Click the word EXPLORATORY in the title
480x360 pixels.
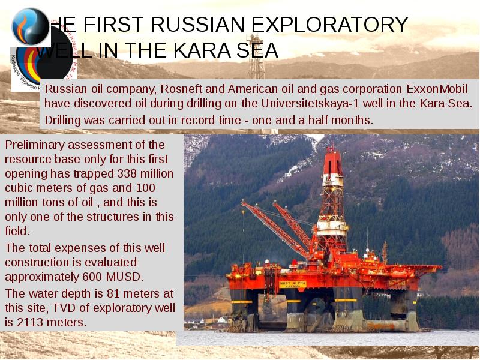tap(329, 25)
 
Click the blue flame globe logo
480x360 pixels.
tap(29, 26)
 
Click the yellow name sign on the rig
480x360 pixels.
tap(292, 284)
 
